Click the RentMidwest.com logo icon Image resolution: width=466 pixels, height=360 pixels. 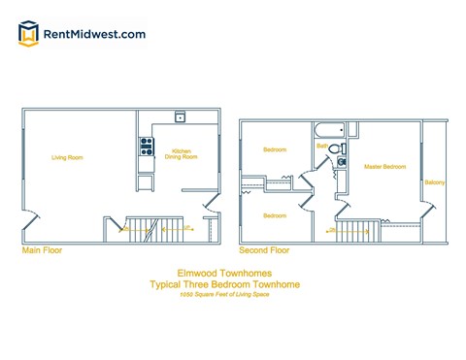(x=29, y=34)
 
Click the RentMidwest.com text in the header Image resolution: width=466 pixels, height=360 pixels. (x=95, y=34)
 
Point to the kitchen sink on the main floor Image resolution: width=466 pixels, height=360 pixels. (x=180, y=117)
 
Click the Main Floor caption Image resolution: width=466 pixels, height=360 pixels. (x=42, y=250)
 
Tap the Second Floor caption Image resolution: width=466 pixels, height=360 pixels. (x=263, y=250)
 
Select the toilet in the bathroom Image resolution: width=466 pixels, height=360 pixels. (x=336, y=148)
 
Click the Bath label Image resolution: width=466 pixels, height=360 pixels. (x=321, y=147)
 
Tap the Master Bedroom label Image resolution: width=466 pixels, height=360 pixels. (x=384, y=167)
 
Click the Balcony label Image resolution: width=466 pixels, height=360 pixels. (x=434, y=182)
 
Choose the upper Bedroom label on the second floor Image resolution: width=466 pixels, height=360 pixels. (x=275, y=149)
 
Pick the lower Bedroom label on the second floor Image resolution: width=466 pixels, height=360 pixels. (x=275, y=214)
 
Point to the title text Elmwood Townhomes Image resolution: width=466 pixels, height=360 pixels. (x=224, y=274)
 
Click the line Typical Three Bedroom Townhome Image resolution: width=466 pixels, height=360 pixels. (x=224, y=284)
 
